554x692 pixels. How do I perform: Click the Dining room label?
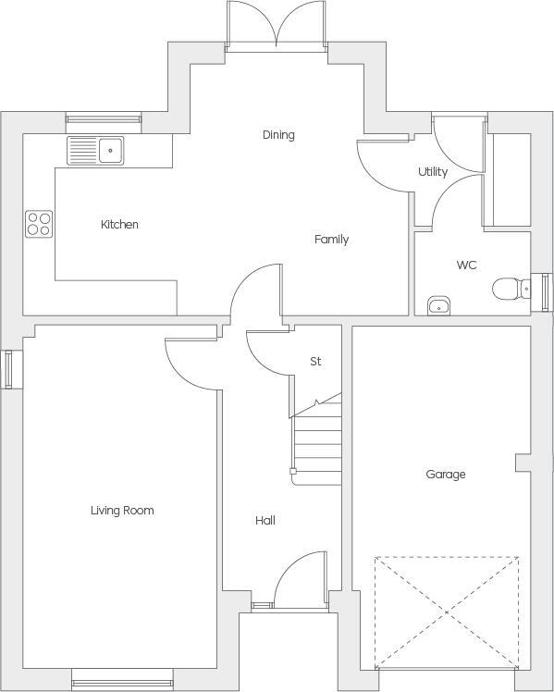(x=277, y=135)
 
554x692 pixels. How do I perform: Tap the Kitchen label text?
(x=119, y=225)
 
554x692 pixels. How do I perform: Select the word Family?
(x=331, y=240)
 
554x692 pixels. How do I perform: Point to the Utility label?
(x=433, y=172)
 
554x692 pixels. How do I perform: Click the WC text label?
(x=466, y=266)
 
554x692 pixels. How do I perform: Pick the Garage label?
(x=445, y=475)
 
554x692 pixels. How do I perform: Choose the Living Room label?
(x=122, y=511)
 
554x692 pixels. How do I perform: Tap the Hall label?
(x=265, y=521)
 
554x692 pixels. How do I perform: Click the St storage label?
(x=315, y=362)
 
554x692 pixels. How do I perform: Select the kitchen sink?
(x=96, y=149)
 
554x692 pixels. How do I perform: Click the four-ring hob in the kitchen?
(x=39, y=224)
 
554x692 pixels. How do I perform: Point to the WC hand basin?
(x=438, y=305)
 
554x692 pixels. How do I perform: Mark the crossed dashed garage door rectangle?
(x=446, y=612)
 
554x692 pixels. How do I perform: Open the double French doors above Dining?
(x=277, y=26)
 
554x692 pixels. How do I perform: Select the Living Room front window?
(x=122, y=679)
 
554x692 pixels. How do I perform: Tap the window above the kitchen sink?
(x=103, y=118)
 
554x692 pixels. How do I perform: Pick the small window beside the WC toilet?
(x=545, y=291)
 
